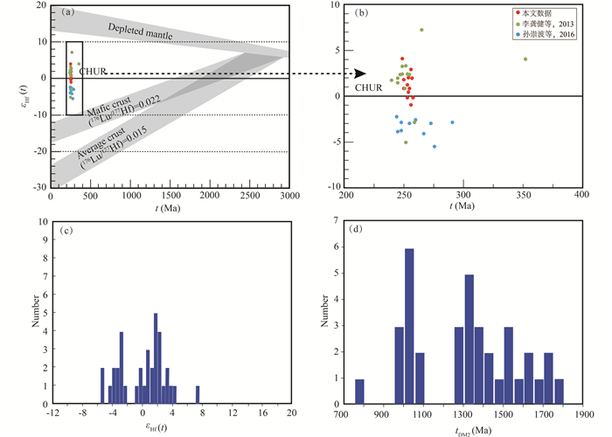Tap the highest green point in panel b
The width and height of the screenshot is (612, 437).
(x=421, y=30)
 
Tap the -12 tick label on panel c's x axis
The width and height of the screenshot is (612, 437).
(x=53, y=410)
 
